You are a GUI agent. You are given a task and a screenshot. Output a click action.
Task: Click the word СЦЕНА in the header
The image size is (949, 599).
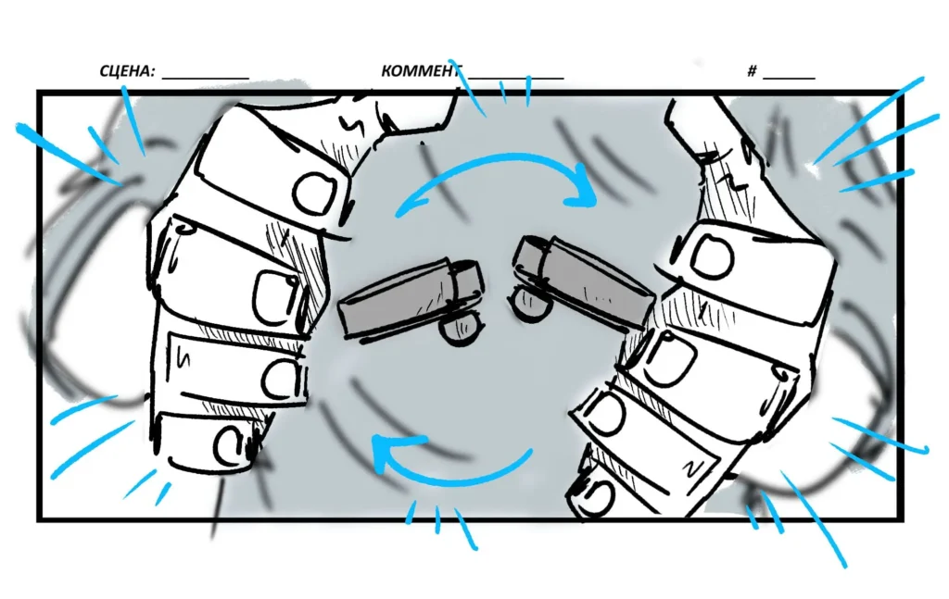(x=127, y=71)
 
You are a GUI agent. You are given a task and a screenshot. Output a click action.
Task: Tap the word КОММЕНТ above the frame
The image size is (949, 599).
(x=422, y=71)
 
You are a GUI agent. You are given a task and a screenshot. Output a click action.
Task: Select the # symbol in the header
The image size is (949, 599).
(x=752, y=71)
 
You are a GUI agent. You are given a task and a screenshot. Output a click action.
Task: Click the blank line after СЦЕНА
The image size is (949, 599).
(x=206, y=79)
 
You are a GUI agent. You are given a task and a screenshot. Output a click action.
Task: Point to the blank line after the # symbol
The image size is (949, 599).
(x=790, y=79)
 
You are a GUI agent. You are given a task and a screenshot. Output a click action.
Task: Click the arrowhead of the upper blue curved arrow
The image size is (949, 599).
(x=582, y=186)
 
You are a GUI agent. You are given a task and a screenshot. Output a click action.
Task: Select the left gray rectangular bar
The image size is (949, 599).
(x=411, y=298)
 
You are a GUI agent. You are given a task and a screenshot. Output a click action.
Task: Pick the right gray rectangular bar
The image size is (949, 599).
(x=584, y=281)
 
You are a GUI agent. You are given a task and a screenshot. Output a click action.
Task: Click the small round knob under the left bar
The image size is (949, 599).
(x=461, y=329)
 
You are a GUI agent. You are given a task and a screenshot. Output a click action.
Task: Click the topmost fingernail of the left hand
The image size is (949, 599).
(x=314, y=193)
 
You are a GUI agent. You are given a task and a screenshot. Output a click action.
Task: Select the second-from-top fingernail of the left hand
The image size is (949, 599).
(x=276, y=297)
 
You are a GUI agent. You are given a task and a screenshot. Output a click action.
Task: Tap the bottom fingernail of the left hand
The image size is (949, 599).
(x=232, y=445)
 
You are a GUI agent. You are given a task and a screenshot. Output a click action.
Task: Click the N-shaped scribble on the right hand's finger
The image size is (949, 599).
(x=691, y=468)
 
